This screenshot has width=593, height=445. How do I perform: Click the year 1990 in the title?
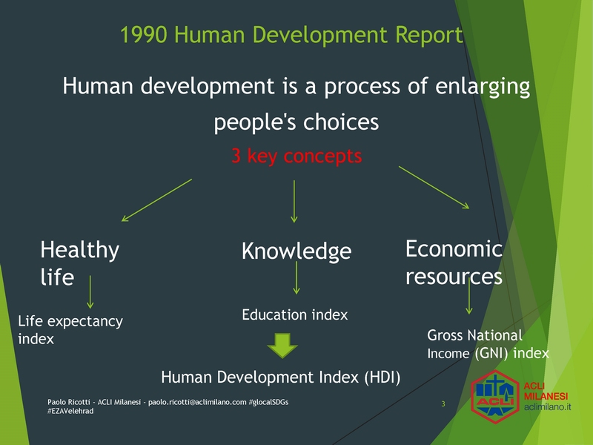click(144, 35)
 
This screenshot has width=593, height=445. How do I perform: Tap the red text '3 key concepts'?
click(296, 156)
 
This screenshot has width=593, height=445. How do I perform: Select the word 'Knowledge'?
click(296, 251)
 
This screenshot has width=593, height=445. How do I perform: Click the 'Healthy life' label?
click(80, 263)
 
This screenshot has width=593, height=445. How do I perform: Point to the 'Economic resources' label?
click(454, 263)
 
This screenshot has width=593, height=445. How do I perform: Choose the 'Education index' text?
click(294, 314)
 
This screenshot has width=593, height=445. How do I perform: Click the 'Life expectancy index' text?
click(70, 329)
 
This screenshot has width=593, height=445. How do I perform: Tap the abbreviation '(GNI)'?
click(491, 354)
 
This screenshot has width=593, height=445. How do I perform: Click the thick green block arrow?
click(282, 345)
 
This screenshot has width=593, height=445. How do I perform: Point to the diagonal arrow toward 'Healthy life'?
click(156, 200)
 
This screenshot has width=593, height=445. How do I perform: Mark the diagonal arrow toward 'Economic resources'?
click(434, 188)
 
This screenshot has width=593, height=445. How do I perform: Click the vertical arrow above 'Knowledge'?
click(294, 201)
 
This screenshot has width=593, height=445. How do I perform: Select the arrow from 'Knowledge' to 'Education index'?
click(296, 277)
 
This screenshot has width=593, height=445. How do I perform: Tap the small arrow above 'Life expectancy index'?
click(90, 291)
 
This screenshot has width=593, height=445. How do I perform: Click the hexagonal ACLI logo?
click(495, 397)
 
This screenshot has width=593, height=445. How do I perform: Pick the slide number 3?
click(443, 404)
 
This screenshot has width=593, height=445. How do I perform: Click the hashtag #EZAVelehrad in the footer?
click(70, 412)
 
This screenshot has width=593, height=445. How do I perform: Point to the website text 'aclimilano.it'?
click(547, 407)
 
